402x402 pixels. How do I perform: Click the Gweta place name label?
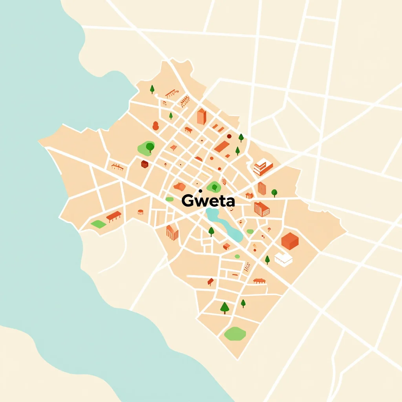coord(208,201)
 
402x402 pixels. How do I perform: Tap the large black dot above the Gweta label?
coord(200,191)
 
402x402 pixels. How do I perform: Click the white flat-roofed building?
coord(283,258)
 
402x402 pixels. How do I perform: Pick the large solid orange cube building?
coord(290,241)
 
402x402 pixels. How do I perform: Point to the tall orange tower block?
coord(201,117)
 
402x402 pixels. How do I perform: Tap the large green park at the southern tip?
coord(235,334)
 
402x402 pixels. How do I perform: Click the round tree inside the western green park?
coord(150,147)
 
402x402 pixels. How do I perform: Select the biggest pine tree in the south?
coord(225,307)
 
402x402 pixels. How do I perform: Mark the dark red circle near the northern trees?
coord(229,136)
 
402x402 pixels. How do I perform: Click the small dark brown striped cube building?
coord(144,164)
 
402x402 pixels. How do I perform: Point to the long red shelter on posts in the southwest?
coord(114,216)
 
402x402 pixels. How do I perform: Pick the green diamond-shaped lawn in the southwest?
coord(98,224)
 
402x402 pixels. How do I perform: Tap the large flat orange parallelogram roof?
coord(222,147)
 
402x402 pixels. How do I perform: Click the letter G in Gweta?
coord(187,201)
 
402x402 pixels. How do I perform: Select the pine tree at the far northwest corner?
coord(152,90)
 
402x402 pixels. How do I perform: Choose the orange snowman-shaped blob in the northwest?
coord(155,126)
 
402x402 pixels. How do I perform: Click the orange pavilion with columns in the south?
coord(259,281)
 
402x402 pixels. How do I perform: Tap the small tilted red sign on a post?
coord(210,281)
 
